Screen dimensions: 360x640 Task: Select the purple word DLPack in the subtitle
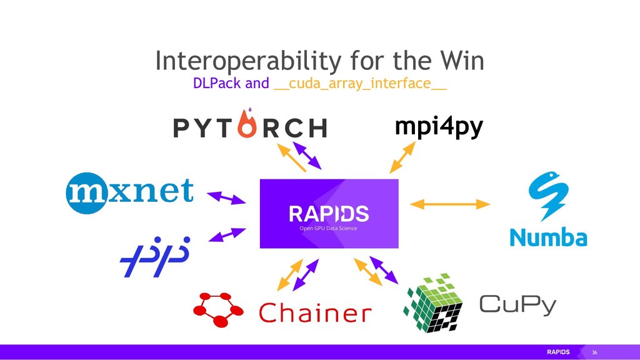coord(217,83)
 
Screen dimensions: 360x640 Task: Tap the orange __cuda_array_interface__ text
coord(360,84)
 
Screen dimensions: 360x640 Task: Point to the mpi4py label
coord(439,127)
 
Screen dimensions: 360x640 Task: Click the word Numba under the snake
coord(548,237)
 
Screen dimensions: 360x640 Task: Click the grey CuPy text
coord(517,306)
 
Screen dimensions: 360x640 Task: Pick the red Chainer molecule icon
coord(219,309)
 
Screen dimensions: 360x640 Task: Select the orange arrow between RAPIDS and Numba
coord(449,204)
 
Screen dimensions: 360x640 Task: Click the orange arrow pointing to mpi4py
coord(402,157)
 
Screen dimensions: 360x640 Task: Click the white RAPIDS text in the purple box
coord(329,214)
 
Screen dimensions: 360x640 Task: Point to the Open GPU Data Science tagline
coord(329,228)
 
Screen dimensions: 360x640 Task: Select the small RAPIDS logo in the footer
coord(558,352)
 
